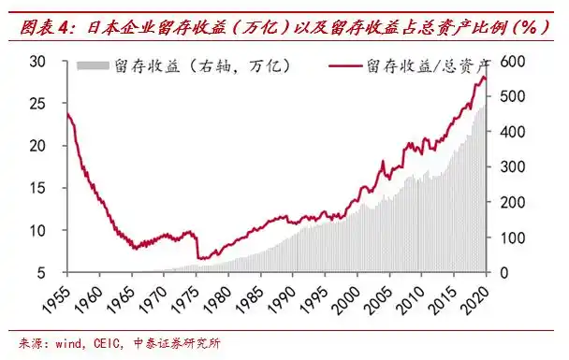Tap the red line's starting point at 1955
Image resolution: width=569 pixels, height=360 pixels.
(x=67, y=113)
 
